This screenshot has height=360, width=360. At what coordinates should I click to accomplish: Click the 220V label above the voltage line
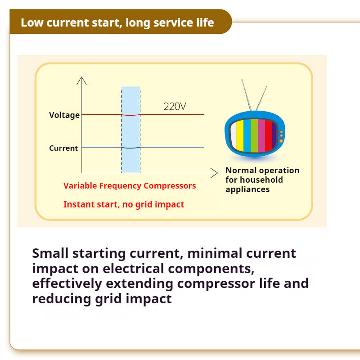click(x=175, y=106)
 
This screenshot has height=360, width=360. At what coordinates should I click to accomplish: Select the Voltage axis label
click(x=64, y=115)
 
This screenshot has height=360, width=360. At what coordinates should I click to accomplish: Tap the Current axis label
click(x=63, y=148)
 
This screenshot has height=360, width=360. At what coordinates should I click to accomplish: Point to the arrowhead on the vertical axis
click(x=81, y=81)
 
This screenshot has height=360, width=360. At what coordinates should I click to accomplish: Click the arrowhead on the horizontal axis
click(x=214, y=173)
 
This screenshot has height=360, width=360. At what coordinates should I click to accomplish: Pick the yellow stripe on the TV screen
click(x=240, y=136)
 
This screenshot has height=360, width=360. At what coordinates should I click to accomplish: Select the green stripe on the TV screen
click(x=254, y=135)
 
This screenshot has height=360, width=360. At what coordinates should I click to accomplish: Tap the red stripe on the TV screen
click(x=268, y=135)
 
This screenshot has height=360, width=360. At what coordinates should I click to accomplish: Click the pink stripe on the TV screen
click(x=261, y=135)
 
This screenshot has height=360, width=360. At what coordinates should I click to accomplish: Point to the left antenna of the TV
click(x=246, y=95)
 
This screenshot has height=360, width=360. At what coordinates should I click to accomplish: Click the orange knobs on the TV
click(x=281, y=136)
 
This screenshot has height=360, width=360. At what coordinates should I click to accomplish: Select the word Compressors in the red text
click(x=170, y=186)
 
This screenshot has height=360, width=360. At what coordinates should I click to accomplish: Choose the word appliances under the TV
click(x=247, y=189)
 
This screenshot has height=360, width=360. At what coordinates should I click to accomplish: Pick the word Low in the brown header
click(x=32, y=22)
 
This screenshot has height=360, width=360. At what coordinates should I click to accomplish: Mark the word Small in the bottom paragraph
click(x=50, y=253)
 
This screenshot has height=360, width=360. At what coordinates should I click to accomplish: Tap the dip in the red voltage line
click(x=130, y=115)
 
